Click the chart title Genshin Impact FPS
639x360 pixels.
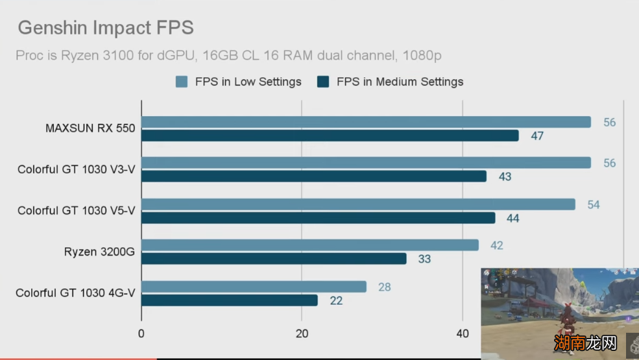pyautogui.click(x=105, y=28)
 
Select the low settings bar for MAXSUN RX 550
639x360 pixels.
pyautogui.click(x=366, y=122)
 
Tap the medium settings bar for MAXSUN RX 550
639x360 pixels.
pyautogui.click(x=330, y=136)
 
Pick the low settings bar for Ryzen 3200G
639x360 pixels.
pyautogui.click(x=309, y=245)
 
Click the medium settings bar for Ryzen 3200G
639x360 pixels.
pyautogui.click(x=274, y=259)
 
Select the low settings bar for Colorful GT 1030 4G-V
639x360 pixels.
pyautogui.click(x=254, y=287)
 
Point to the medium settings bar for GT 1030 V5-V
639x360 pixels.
pyautogui.click(x=318, y=218)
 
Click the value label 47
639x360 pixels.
pyautogui.click(x=537, y=136)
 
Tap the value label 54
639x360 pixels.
pyautogui.click(x=593, y=205)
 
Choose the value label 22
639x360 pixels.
pyautogui.click(x=335, y=301)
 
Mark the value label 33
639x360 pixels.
pyautogui.click(x=424, y=259)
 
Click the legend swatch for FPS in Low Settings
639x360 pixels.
pyautogui.click(x=182, y=82)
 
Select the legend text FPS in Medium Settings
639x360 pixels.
pyautogui.click(x=400, y=82)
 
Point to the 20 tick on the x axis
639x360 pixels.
pyautogui.click(x=302, y=333)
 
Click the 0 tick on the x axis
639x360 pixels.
pyautogui.click(x=141, y=333)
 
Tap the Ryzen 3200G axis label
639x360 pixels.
pyautogui.click(x=99, y=252)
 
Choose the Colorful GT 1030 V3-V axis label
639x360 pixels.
pyautogui.click(x=76, y=169)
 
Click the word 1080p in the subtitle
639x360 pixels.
pyautogui.click(x=422, y=56)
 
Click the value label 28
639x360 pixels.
pyautogui.click(x=384, y=287)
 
